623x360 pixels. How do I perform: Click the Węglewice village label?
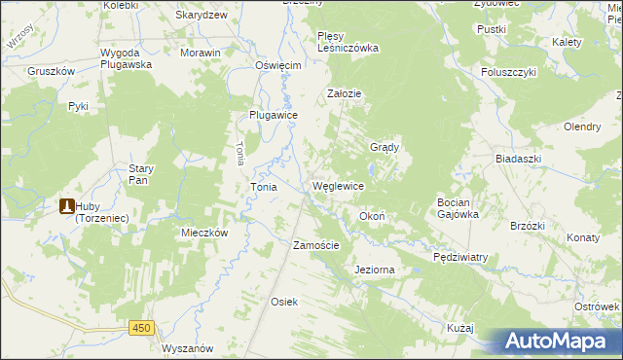(x=338, y=186)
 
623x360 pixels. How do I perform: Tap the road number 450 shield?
(x=141, y=329)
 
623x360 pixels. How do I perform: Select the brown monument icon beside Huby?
(x=67, y=206)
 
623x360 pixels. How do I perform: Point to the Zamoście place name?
(x=316, y=245)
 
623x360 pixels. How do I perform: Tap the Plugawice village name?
(x=274, y=114)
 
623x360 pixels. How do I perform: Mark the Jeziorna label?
(x=376, y=269)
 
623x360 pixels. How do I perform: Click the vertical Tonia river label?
(x=239, y=152)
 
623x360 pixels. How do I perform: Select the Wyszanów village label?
(x=189, y=348)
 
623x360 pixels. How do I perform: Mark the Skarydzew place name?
(x=202, y=16)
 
